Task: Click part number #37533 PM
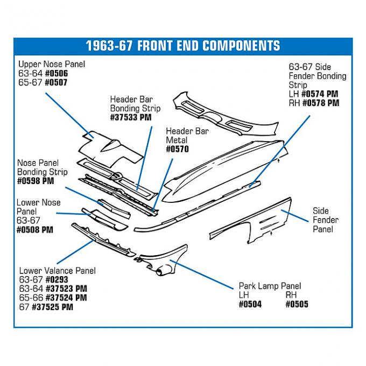[131, 117]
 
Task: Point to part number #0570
[177, 149]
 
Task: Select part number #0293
[58, 280]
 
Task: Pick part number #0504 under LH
[250, 304]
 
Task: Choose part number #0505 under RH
[297, 304]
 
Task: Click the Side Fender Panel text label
[325, 220]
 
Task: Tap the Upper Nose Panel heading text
[52, 64]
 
